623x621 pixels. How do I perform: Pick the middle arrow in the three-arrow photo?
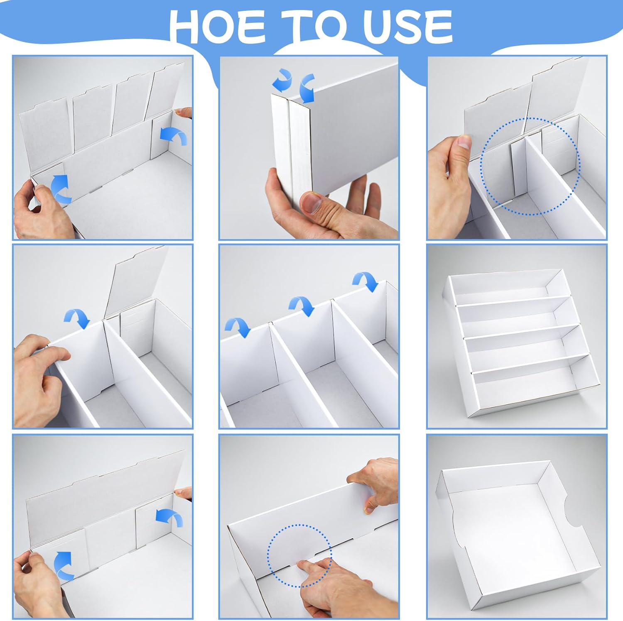(x=302, y=306)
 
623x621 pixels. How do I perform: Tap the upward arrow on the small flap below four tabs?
(x=60, y=189)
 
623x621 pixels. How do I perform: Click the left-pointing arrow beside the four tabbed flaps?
(x=174, y=136)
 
